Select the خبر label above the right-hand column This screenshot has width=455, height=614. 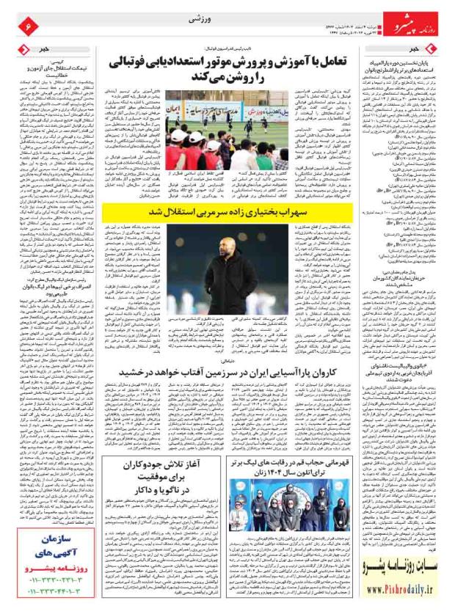tap(425, 49)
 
